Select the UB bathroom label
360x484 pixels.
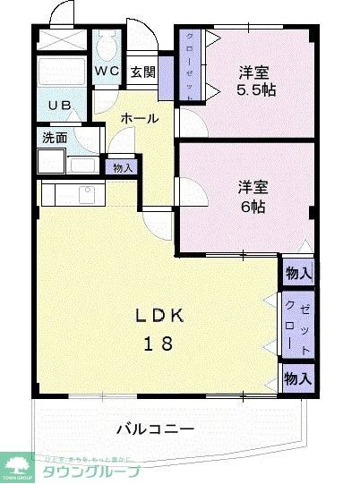click(59, 106)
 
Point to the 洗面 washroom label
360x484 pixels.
click(54, 138)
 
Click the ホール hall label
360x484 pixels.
click(139, 118)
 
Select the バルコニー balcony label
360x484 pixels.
click(155, 429)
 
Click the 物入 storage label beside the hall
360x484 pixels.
click(121, 166)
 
